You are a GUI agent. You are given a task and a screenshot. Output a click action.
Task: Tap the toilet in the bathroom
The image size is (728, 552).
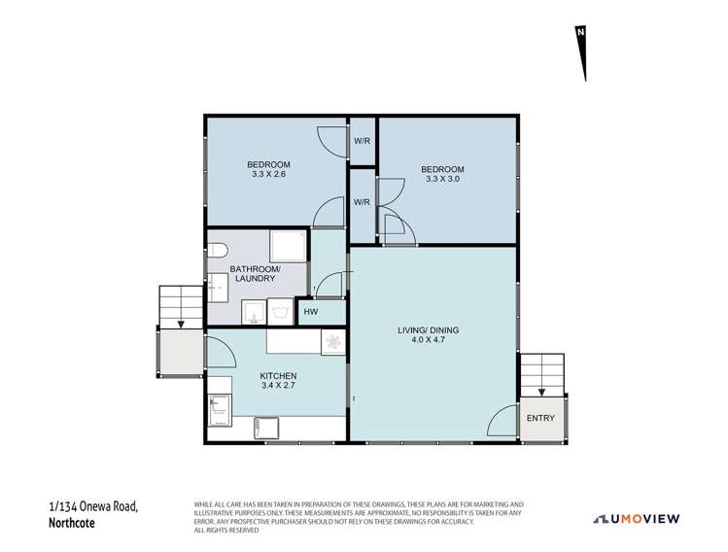tap(217, 246)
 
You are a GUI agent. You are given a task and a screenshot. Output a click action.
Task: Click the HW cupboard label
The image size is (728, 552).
tap(311, 312)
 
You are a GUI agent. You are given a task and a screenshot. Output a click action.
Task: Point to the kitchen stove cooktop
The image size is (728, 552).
tap(332, 341)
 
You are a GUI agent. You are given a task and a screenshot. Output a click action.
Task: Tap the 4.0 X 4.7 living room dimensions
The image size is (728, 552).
tap(428, 337)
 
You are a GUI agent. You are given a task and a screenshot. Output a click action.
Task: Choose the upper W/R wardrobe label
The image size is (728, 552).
tap(363, 142)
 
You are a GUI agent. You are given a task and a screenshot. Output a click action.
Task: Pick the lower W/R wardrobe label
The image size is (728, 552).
tap(362, 203)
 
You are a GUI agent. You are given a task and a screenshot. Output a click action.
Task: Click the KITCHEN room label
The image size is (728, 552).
tap(278, 376)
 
